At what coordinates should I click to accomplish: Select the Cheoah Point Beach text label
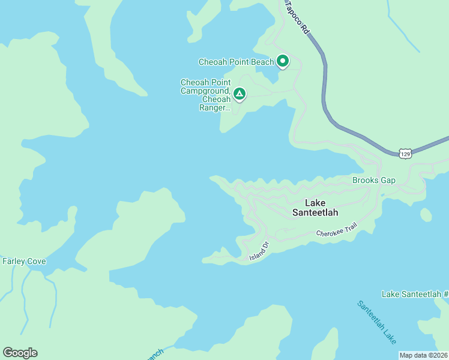click(x=237, y=62)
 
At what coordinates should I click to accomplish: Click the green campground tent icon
click(x=240, y=94)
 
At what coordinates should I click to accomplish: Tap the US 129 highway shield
click(x=406, y=154)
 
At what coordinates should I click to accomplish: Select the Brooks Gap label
click(x=373, y=180)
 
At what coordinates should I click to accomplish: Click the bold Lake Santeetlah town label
click(x=315, y=208)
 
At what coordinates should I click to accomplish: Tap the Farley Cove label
click(x=24, y=261)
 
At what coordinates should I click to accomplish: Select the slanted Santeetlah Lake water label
click(x=376, y=322)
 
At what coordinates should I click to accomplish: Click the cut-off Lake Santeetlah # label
click(x=415, y=293)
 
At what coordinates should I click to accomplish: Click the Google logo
click(x=20, y=353)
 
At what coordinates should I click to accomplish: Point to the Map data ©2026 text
click(x=423, y=355)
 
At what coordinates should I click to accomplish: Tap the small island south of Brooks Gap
click(x=426, y=215)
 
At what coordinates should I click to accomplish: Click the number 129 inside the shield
click(x=406, y=154)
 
